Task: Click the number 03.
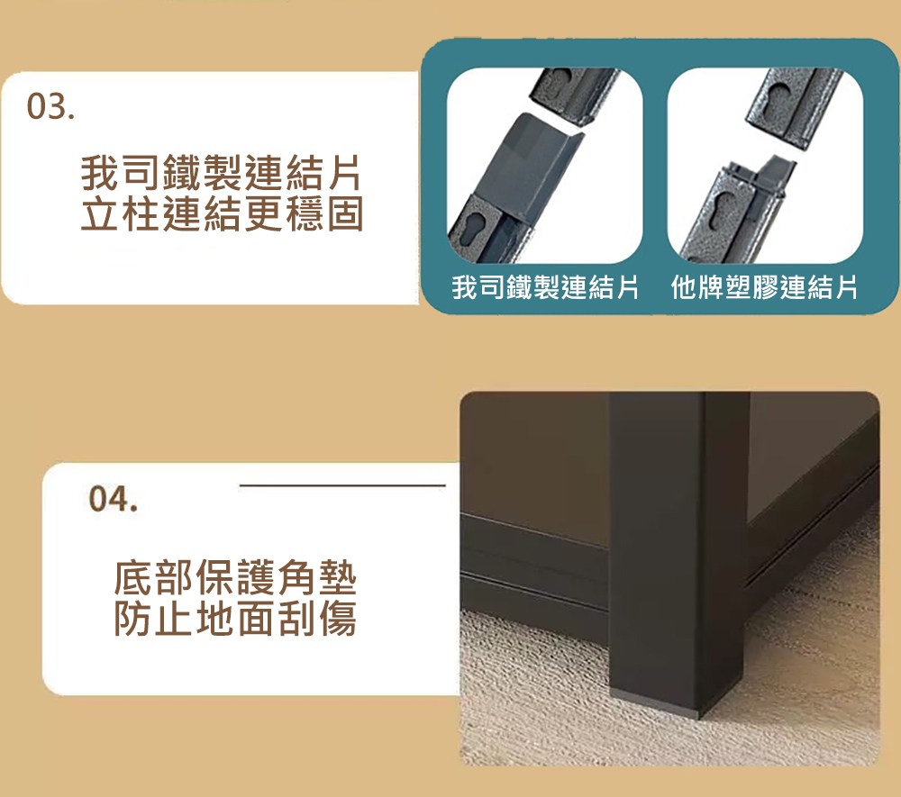[50, 107]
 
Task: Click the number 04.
[114, 498]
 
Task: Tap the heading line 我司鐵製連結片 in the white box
[222, 172]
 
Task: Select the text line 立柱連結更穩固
[222, 213]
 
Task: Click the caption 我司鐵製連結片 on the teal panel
[545, 287]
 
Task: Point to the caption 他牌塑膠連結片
[764, 287]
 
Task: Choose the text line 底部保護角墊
[235, 577]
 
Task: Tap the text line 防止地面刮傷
[235, 619]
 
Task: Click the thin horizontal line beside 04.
[342, 485]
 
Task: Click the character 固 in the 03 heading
[345, 213]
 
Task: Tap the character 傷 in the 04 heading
[338, 619]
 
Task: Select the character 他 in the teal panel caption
[684, 287]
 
